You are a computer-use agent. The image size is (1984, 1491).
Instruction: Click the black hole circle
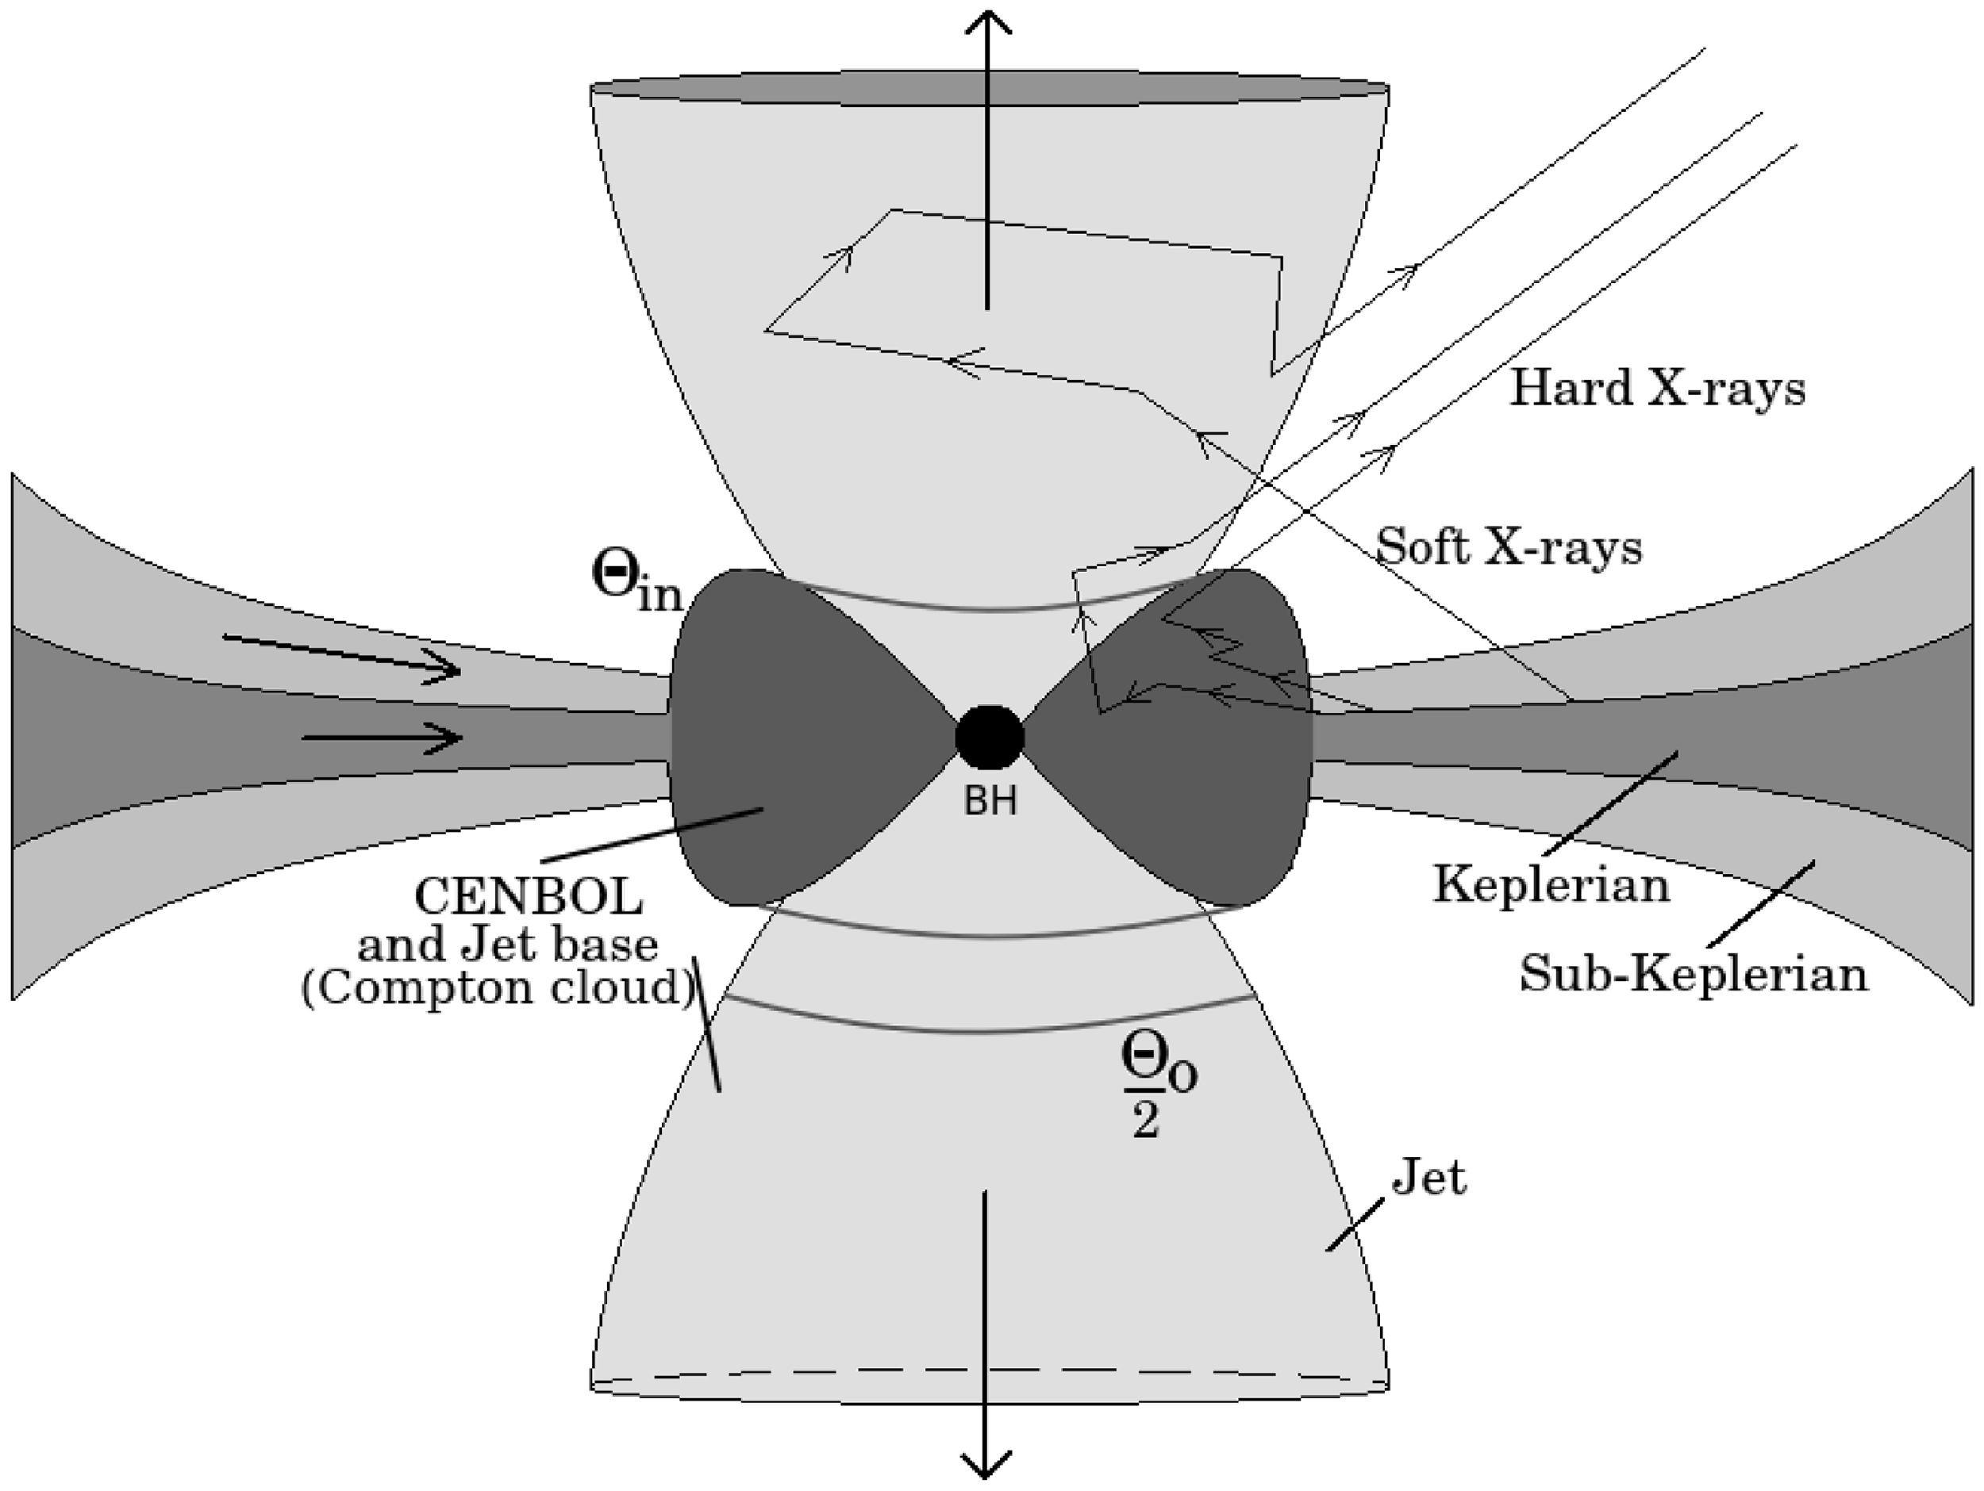[x=990, y=737]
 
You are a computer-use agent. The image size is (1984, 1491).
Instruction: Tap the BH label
[x=990, y=801]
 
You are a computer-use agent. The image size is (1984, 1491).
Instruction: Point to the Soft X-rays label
[x=1509, y=546]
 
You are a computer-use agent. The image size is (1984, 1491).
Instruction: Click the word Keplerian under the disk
[x=1551, y=885]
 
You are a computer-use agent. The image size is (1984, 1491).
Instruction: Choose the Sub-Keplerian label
[x=1694, y=974]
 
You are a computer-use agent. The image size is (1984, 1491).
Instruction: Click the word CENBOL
[x=529, y=895]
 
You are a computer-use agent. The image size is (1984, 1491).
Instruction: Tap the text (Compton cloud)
[x=498, y=988]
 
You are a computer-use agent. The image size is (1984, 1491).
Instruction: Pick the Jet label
[x=1428, y=1177]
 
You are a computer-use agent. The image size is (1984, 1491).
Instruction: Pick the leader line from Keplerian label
[x=1610, y=803]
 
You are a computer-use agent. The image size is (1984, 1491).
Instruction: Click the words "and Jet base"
[x=507, y=944]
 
